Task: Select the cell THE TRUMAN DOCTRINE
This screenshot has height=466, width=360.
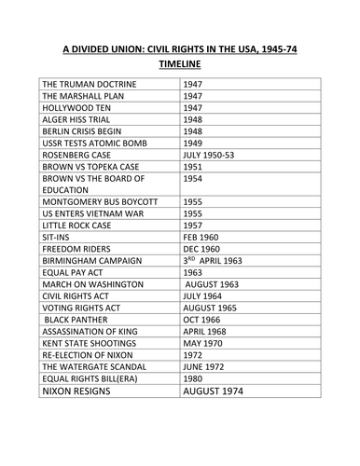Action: click(90, 84)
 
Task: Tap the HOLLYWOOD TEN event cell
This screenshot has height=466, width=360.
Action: click(74, 108)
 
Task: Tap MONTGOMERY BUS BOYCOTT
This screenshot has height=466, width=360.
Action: click(100, 201)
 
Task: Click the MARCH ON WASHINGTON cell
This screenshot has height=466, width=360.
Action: click(92, 283)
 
